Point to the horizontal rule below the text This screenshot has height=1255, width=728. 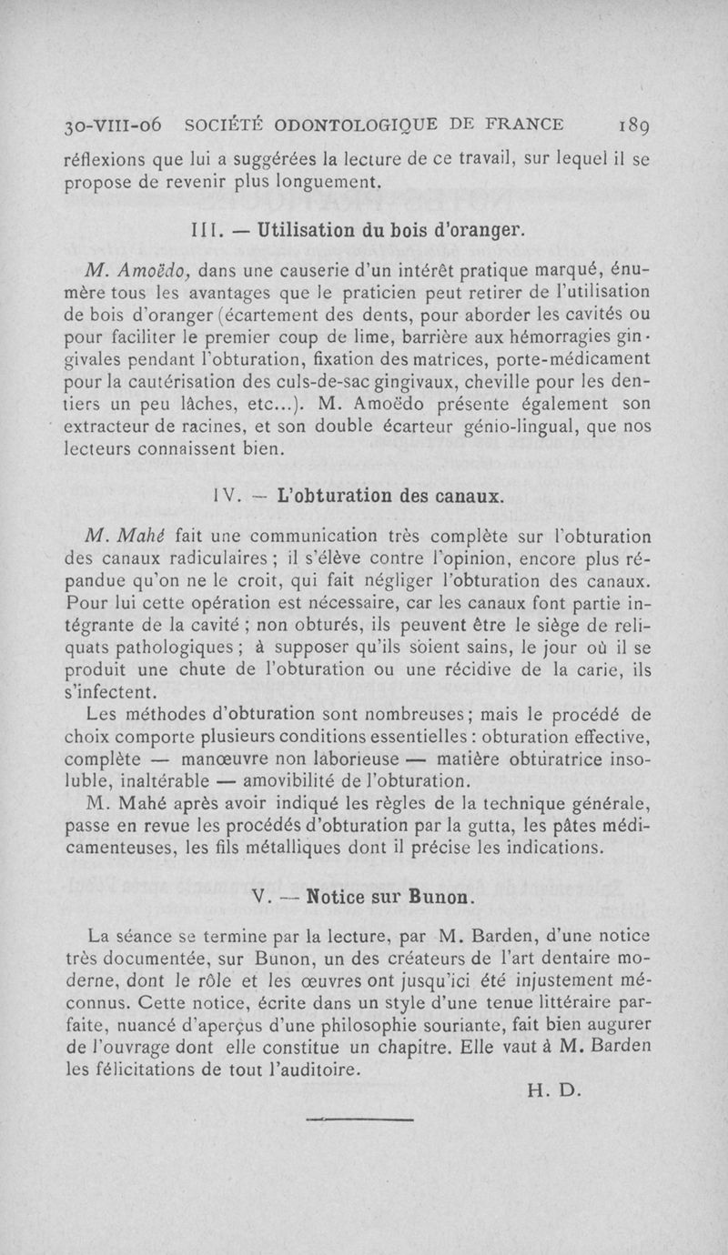point(360,1119)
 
